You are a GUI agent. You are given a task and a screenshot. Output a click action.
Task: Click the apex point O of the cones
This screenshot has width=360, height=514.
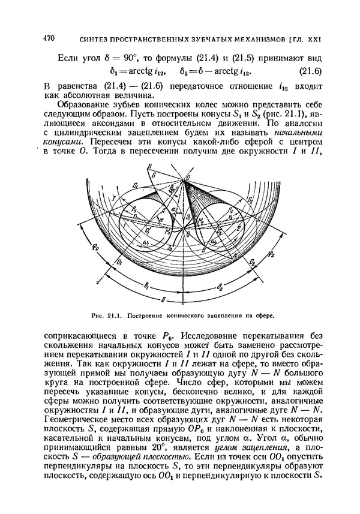coord(187,179)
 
